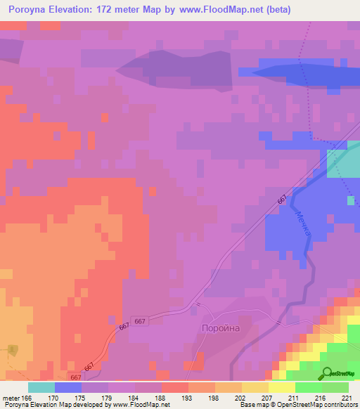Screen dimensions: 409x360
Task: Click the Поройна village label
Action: coord(220,328)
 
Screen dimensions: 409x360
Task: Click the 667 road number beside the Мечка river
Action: coord(283,201)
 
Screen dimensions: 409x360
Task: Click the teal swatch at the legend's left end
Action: coord(41,387)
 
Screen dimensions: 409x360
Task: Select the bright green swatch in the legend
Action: coord(308,387)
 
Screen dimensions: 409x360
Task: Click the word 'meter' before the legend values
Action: coord(11,398)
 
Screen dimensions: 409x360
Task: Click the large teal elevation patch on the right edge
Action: coord(342,163)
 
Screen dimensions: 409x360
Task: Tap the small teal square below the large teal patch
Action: coord(350,200)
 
